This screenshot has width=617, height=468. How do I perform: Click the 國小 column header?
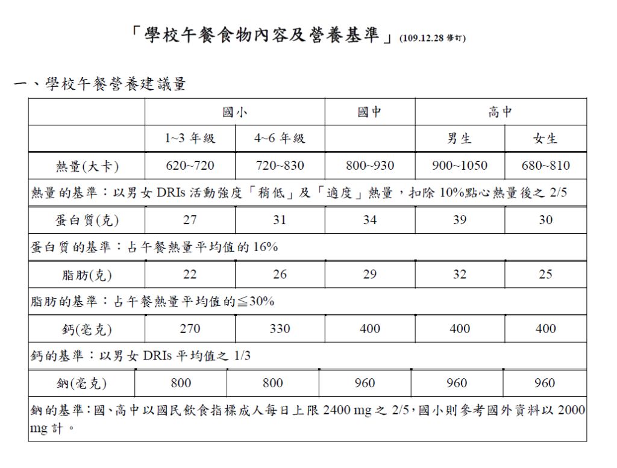coord(234,111)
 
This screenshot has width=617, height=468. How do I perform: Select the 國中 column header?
coord(369,111)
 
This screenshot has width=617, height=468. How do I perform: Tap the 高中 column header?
coord(500,111)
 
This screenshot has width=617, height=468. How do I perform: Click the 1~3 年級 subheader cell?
coord(190,139)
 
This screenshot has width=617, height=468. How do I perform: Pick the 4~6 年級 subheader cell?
coord(280,139)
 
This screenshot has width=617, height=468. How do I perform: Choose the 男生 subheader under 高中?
coord(459,139)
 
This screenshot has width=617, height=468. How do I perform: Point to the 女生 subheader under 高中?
coord(545,139)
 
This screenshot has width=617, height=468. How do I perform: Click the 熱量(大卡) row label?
coord(87,166)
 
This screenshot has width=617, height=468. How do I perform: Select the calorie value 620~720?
coord(190,166)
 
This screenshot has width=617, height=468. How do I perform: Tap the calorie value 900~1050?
coord(460,166)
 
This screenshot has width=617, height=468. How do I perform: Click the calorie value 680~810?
coord(545,166)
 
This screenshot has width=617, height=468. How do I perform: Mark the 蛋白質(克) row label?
coord(87,220)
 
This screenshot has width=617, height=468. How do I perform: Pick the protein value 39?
coord(460,220)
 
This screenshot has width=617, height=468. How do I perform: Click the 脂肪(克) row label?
coord(87,275)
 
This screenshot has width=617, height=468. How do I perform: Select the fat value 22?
coord(190,275)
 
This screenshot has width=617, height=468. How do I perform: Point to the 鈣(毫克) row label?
coord(87,329)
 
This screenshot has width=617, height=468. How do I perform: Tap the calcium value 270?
coord(190,329)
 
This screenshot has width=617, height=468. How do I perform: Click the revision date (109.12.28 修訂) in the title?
coord(432,37)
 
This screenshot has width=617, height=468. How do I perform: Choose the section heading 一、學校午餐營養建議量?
coord(100,84)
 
